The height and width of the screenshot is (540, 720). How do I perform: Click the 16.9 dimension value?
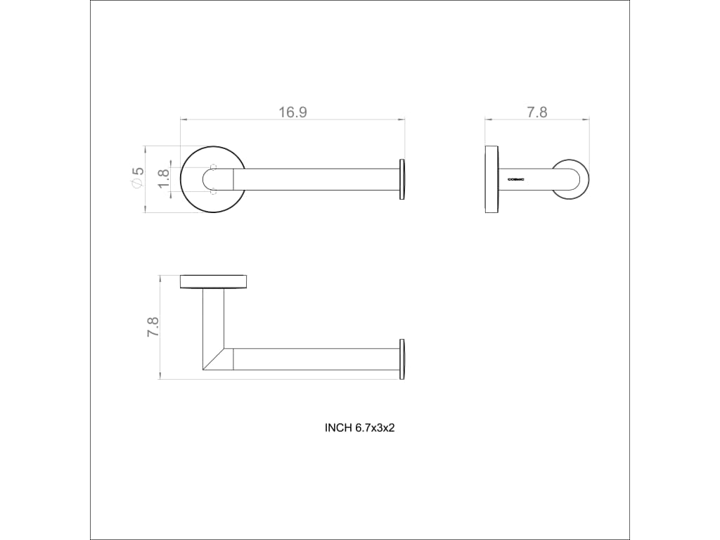point(292,112)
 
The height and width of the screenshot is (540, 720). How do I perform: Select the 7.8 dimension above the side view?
point(536,112)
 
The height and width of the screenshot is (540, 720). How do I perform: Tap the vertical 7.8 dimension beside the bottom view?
point(153,327)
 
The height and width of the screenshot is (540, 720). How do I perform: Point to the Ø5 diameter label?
point(138,177)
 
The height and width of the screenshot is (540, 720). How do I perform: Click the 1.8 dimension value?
point(164,179)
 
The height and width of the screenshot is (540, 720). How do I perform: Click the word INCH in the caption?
point(338,428)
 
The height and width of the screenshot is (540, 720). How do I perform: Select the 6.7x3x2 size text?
point(375,428)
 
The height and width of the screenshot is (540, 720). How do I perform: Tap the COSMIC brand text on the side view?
point(515,179)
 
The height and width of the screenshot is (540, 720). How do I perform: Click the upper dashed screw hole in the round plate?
point(212,166)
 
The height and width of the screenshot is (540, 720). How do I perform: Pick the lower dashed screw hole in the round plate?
point(212,191)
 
